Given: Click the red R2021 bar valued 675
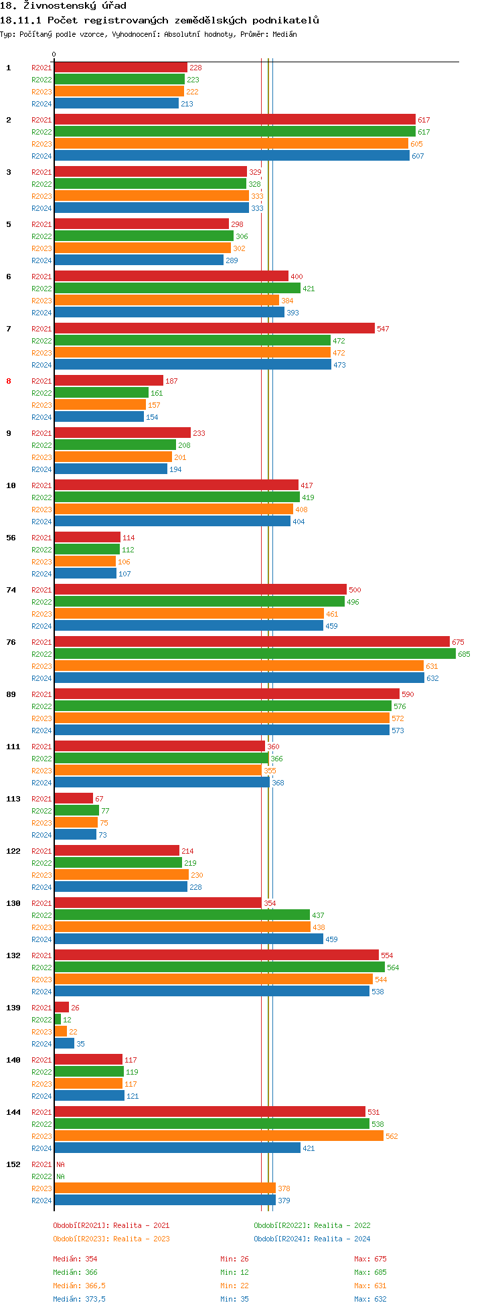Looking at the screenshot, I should [x=252, y=641].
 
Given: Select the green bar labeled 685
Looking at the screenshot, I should [x=254, y=653].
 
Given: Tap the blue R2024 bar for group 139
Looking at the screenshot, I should [x=64, y=1043].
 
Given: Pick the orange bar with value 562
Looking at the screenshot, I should [x=218, y=1136].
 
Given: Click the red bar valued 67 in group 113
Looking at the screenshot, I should [x=74, y=798].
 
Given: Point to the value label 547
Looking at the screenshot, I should [x=383, y=329].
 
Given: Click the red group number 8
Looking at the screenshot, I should [x=9, y=381].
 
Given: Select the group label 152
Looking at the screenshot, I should [x=13, y=1164].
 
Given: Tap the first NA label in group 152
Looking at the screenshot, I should [x=60, y=1164].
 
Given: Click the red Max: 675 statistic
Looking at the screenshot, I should [x=370, y=1259].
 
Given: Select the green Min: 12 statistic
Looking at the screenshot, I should [x=234, y=1272].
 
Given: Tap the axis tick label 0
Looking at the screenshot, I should [x=54, y=55].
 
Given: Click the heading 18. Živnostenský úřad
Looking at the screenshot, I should [x=63, y=6].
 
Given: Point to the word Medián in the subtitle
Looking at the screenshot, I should [x=284, y=34].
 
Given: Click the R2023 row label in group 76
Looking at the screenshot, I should [x=41, y=666].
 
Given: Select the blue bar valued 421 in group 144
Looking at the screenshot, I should [x=177, y=1148].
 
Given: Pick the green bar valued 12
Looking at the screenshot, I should [x=58, y=1019].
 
